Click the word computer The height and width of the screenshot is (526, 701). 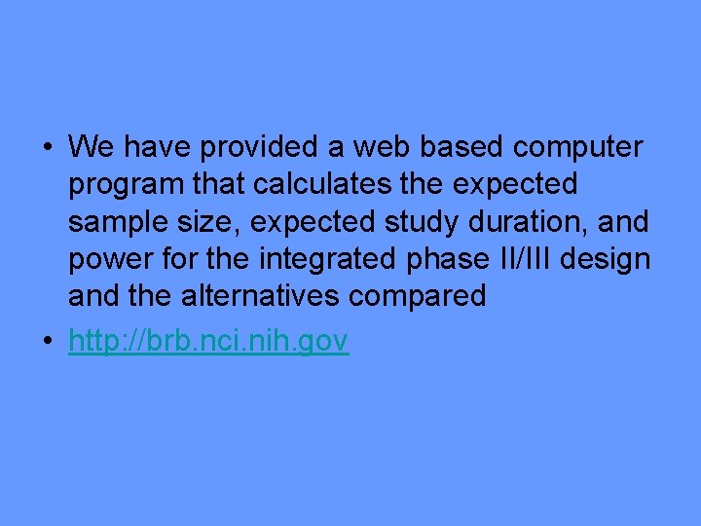coord(577,149)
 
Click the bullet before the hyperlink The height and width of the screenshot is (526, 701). coord(48,342)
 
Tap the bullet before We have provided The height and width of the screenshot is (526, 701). coord(48,148)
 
